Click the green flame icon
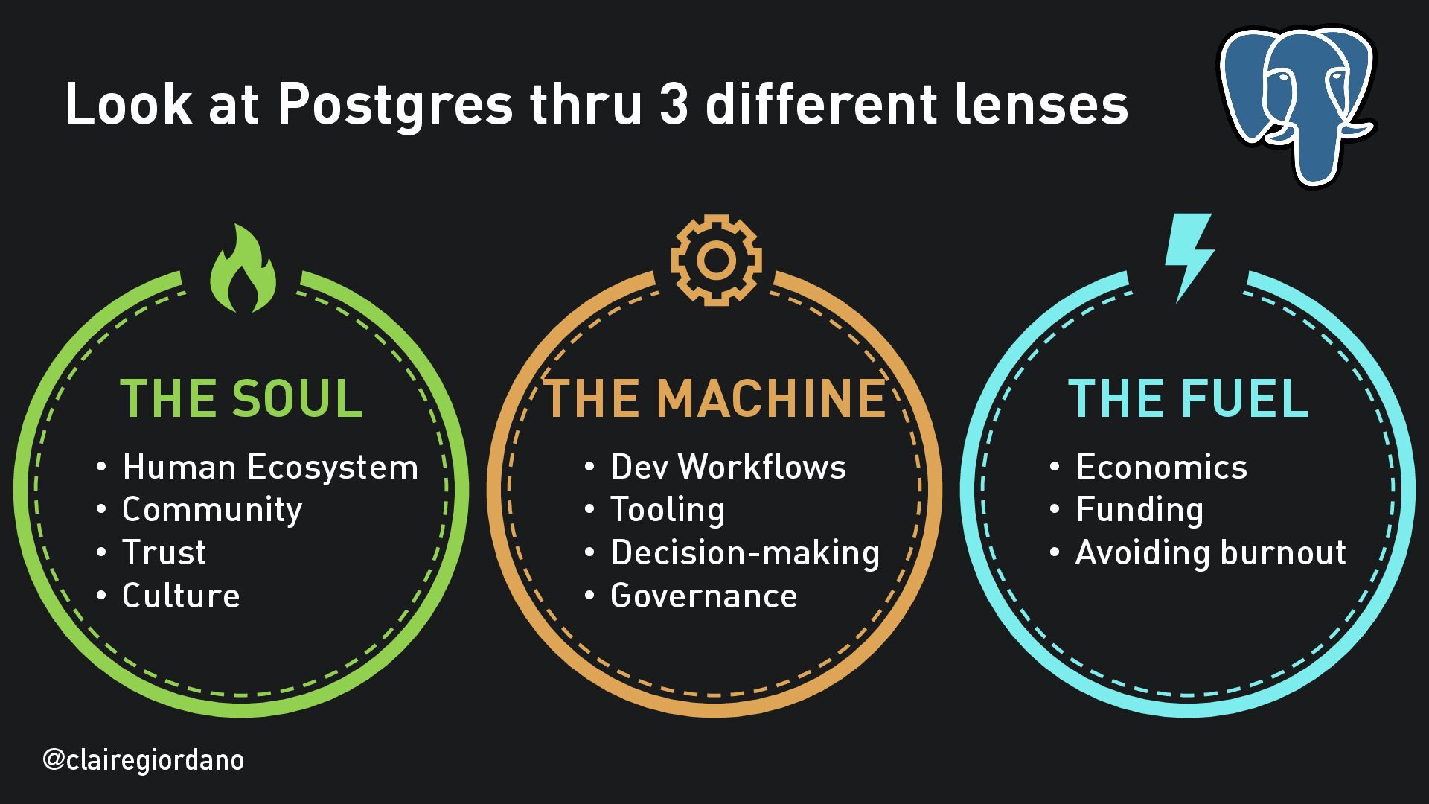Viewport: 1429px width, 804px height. click(x=243, y=269)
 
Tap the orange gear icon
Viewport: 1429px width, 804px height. click(x=716, y=260)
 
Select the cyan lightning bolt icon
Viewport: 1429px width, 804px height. click(x=1188, y=257)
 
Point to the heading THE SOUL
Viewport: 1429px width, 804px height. click(x=241, y=399)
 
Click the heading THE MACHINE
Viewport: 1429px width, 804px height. click(x=715, y=399)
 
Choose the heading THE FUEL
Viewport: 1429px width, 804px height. click(x=1188, y=399)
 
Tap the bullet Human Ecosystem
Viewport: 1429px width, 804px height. click(x=269, y=468)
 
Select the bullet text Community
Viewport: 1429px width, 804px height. click(x=212, y=510)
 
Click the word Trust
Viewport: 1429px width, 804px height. click(x=164, y=553)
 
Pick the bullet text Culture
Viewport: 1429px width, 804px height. click(x=181, y=596)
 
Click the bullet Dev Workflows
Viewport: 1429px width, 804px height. click(x=728, y=468)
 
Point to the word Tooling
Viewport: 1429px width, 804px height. click(x=668, y=510)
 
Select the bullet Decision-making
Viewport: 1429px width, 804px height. click(x=745, y=553)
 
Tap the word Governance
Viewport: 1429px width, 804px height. click(x=703, y=596)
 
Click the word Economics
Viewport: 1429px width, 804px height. click(x=1161, y=468)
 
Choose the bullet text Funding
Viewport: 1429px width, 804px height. click(x=1139, y=510)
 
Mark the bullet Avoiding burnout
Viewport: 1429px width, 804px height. click(x=1210, y=553)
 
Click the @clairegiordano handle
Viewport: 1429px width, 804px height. click(x=144, y=760)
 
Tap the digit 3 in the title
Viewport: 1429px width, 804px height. click(x=673, y=104)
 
